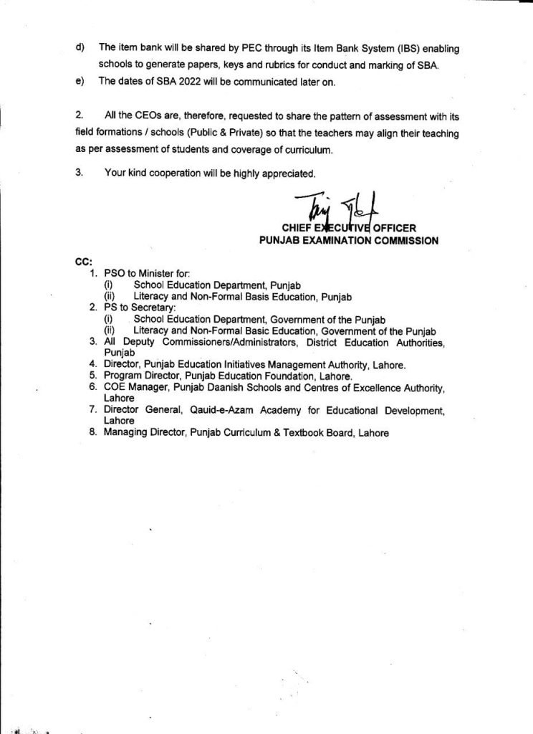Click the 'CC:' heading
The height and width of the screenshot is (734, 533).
click(x=83, y=262)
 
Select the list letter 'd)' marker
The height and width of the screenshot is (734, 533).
click(x=80, y=47)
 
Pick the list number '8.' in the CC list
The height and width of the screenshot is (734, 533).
click(x=93, y=433)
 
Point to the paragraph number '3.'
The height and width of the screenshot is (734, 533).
click(x=79, y=173)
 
